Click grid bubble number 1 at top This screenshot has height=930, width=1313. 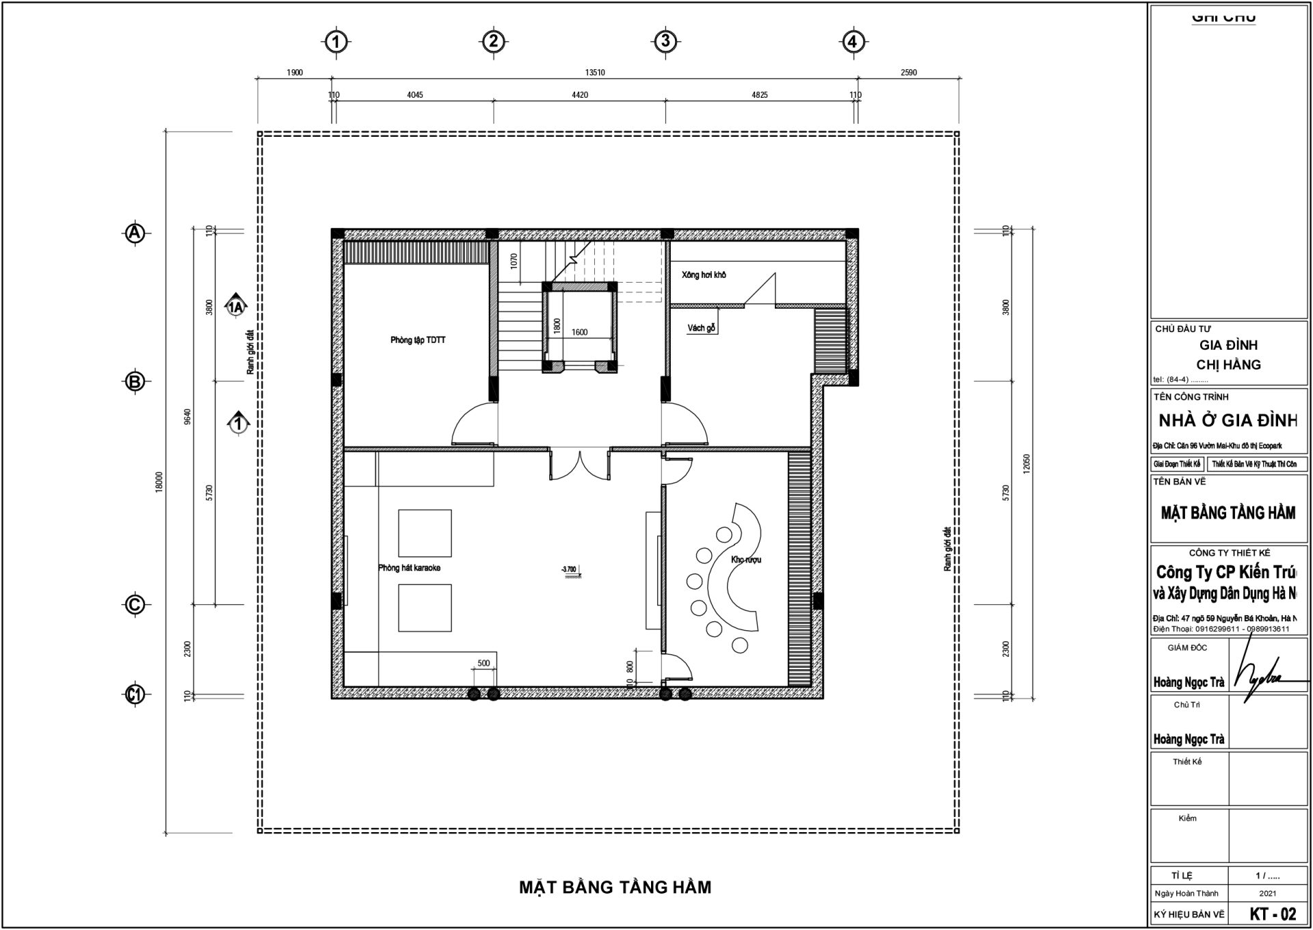[335, 42]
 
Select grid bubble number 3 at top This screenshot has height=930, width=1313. [665, 41]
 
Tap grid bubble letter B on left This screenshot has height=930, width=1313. [135, 381]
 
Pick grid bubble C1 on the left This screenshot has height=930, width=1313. [135, 695]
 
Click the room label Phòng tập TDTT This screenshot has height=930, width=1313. [418, 340]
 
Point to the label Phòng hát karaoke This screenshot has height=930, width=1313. [410, 568]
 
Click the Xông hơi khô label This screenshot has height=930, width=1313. [703, 275]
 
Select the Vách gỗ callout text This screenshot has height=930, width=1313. [701, 328]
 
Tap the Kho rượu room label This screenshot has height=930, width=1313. [745, 560]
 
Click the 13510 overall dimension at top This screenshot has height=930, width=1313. [595, 73]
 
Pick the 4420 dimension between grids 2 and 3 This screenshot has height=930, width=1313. [580, 95]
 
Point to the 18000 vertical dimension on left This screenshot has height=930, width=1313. [159, 481]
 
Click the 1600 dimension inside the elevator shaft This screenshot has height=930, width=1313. [579, 333]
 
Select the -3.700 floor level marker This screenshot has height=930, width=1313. [569, 569]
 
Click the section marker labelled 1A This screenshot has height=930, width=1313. [236, 307]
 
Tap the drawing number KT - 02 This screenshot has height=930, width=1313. [1273, 914]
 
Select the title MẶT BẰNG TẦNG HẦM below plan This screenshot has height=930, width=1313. [615, 888]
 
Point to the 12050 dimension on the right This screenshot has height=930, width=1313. [1026, 463]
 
